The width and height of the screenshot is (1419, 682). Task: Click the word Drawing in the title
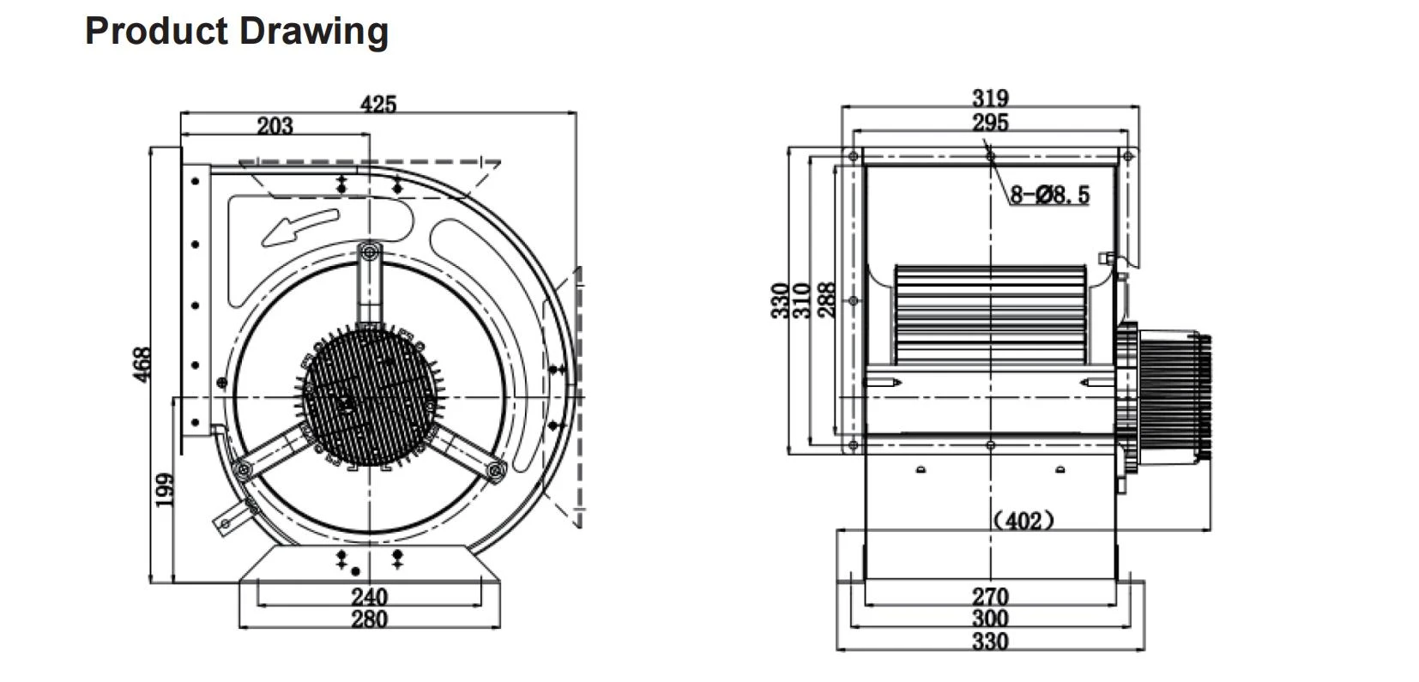pos(314,32)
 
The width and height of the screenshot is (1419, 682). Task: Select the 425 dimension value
pos(378,104)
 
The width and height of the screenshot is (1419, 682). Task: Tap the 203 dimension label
pos(275,125)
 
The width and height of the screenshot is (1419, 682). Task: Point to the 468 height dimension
pos(142,364)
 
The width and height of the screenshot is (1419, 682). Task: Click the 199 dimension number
pos(165,490)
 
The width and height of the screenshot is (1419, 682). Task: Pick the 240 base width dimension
pos(369,596)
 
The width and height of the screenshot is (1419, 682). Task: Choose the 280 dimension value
pos(369,619)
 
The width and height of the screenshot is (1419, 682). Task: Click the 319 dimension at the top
pos(990,98)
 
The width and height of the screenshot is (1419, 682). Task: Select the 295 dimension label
pos(990,122)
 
